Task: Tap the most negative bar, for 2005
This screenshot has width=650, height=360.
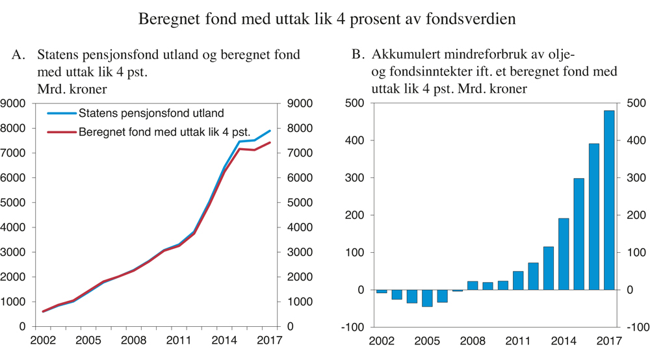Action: coord(427,298)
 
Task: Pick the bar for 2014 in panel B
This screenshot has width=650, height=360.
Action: coord(564,253)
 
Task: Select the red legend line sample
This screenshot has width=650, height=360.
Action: coord(62,133)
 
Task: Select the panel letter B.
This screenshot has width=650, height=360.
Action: coord(357,56)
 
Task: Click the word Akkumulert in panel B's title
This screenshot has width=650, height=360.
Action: coord(407,56)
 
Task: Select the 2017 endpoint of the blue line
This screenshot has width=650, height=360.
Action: coord(270,131)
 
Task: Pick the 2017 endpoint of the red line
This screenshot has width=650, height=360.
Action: coord(270,142)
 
